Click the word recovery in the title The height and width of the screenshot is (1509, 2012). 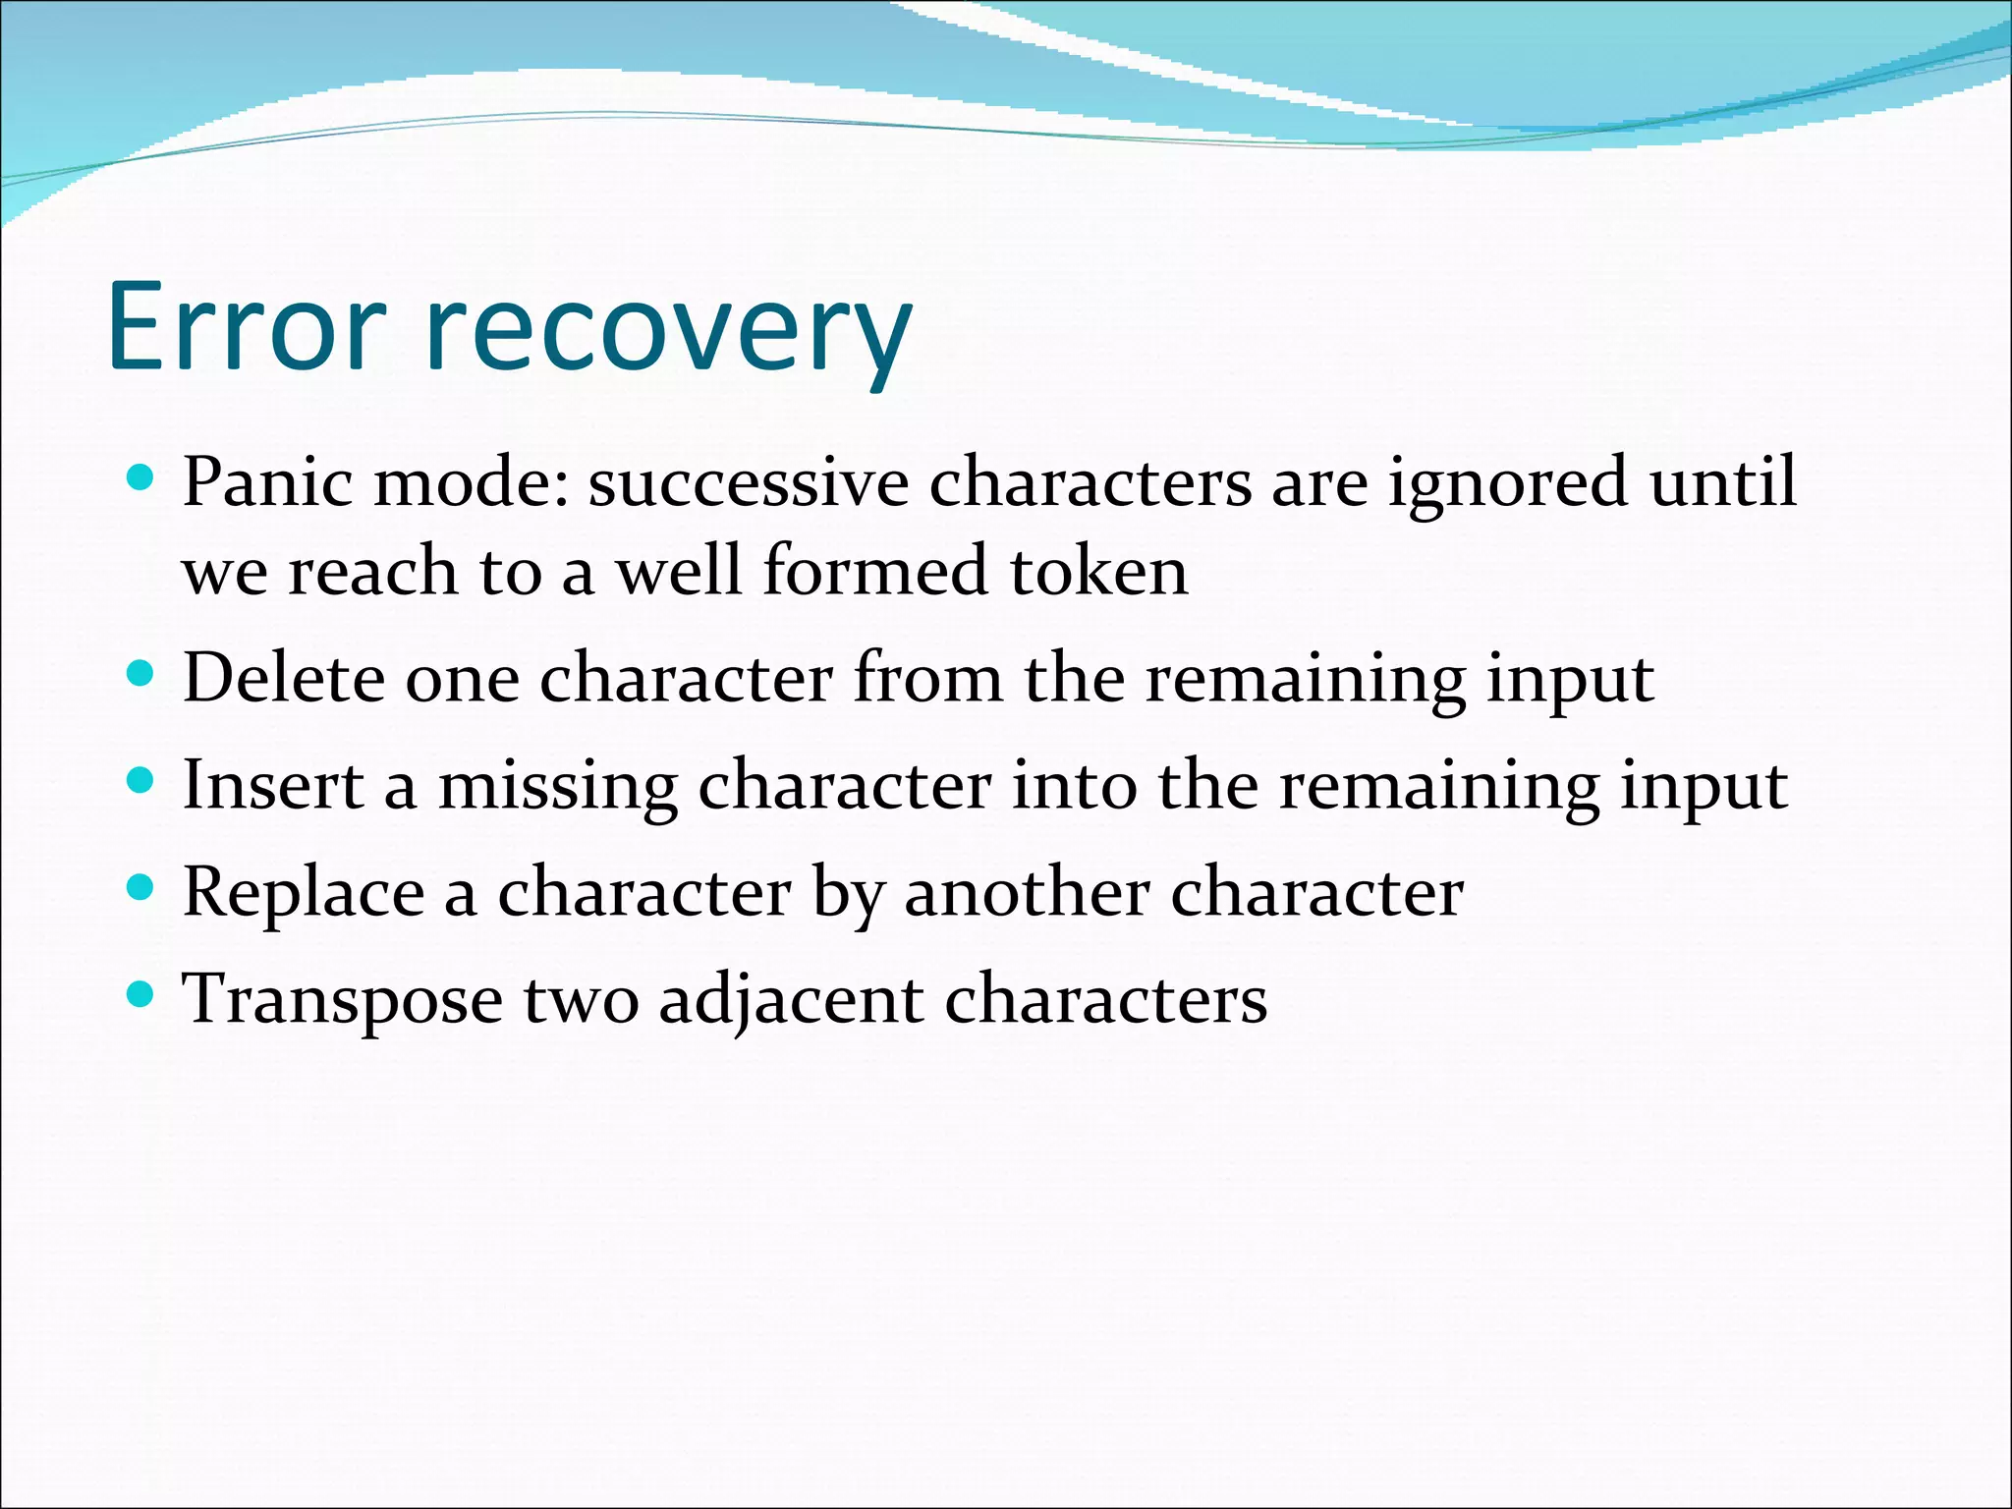(668, 334)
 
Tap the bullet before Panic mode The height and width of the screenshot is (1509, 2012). (141, 478)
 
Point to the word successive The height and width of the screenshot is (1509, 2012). (749, 482)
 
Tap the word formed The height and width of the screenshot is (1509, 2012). (874, 571)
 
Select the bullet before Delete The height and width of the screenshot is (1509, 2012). (141, 674)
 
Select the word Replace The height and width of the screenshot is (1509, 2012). (304, 894)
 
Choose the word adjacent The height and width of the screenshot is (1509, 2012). (791, 1000)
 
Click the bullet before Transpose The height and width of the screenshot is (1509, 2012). (141, 995)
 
